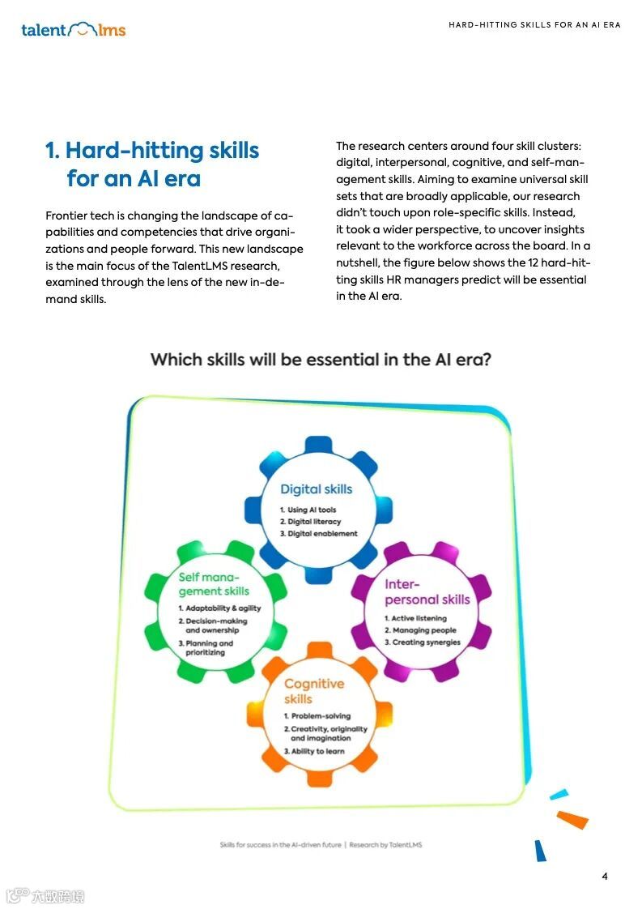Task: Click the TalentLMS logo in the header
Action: pyautogui.click(x=73, y=30)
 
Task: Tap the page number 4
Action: pyautogui.click(x=605, y=876)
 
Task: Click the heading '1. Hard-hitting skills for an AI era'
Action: pyautogui.click(x=152, y=164)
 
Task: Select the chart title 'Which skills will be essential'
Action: pyautogui.click(x=321, y=359)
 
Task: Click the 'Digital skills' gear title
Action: pyautogui.click(x=316, y=489)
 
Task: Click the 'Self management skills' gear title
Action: pyautogui.click(x=214, y=584)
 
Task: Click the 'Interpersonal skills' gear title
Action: pyautogui.click(x=427, y=592)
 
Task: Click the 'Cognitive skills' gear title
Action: pyautogui.click(x=313, y=691)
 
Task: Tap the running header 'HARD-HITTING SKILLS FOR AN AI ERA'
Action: pyautogui.click(x=534, y=25)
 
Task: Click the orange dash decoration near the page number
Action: pyautogui.click(x=572, y=820)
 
